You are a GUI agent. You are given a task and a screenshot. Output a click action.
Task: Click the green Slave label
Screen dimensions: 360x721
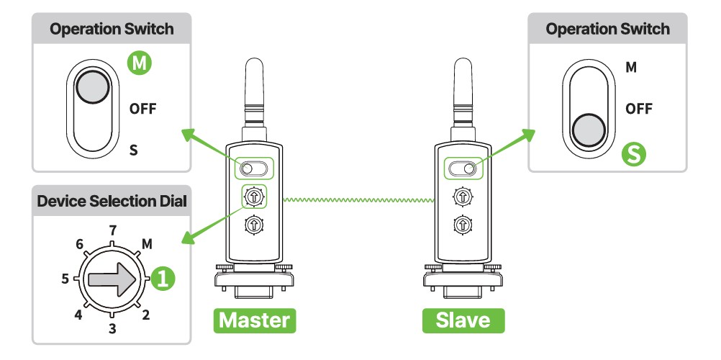click(x=463, y=320)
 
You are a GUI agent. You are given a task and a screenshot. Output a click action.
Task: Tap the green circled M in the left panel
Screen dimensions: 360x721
click(x=140, y=64)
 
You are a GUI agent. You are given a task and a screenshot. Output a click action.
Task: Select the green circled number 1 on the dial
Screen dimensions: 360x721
click(x=162, y=279)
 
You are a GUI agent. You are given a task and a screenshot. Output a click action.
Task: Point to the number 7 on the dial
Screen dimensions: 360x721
click(x=112, y=230)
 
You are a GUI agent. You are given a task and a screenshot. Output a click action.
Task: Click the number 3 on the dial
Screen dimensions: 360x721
click(x=112, y=329)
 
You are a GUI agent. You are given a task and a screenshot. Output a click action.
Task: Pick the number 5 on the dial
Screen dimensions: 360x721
click(x=65, y=279)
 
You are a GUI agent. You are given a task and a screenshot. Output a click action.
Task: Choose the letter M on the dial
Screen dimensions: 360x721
click(x=147, y=244)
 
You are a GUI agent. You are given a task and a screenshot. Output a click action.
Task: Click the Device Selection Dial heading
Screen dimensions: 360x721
click(x=112, y=202)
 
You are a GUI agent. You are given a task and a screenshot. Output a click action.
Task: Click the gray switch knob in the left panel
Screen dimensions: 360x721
click(x=91, y=87)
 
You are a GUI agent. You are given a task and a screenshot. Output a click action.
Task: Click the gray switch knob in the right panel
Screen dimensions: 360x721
click(x=588, y=130)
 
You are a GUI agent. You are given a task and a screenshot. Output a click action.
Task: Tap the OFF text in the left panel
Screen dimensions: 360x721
click(x=142, y=109)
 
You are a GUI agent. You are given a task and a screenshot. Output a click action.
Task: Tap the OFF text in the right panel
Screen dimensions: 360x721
click(x=638, y=109)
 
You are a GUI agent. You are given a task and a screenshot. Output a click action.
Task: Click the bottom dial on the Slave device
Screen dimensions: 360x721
click(x=463, y=225)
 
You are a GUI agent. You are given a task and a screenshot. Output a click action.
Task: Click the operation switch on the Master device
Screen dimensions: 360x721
click(x=253, y=168)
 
